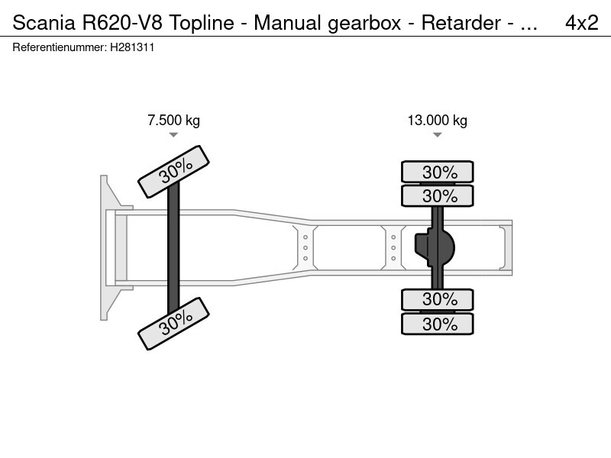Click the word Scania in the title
pos(44,23)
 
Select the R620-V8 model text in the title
pos(121,23)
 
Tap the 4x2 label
pos(581,23)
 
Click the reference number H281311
pos(132,47)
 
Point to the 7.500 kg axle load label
pos(173,120)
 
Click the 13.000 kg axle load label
pos(437,120)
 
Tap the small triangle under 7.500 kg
pos(173,135)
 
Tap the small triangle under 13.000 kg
pos(437,135)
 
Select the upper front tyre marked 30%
pos(174,172)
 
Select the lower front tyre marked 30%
pos(174,324)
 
